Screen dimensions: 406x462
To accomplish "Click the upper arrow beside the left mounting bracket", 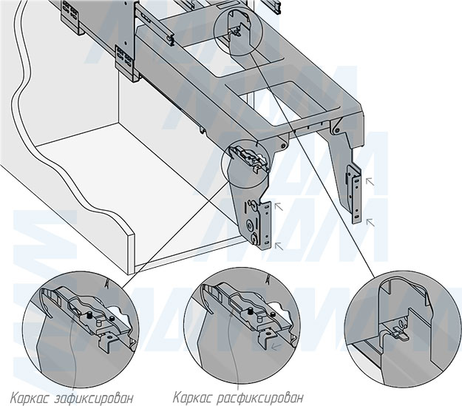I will pyautogui.click(x=279, y=208).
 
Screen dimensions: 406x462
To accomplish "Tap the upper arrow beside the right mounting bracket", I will pyautogui.click(x=371, y=179).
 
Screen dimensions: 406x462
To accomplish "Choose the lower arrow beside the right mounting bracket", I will pyautogui.click(x=371, y=220).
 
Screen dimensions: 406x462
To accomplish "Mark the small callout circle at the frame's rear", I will pyautogui.click(x=237, y=30).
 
